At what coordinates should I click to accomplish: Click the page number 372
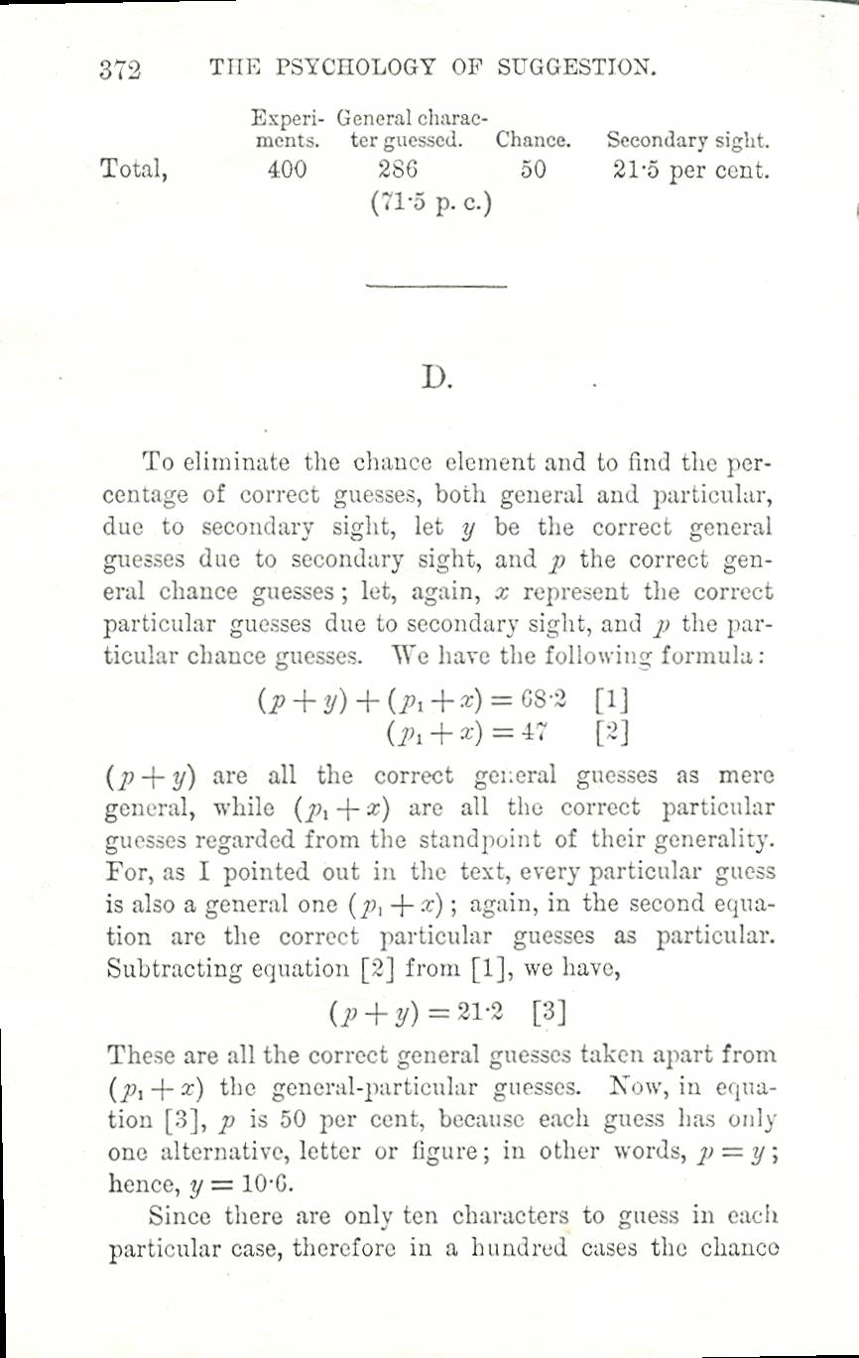[120, 69]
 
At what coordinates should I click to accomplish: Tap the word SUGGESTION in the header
[576, 67]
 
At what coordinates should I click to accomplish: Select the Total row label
[134, 170]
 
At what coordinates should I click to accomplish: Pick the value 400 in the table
[288, 170]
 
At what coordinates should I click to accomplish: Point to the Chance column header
[534, 140]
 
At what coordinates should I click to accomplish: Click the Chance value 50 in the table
[533, 170]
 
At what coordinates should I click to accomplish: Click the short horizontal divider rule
[435, 287]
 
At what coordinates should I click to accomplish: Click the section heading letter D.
[434, 378]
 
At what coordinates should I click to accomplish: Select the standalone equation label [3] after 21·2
[550, 1015]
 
